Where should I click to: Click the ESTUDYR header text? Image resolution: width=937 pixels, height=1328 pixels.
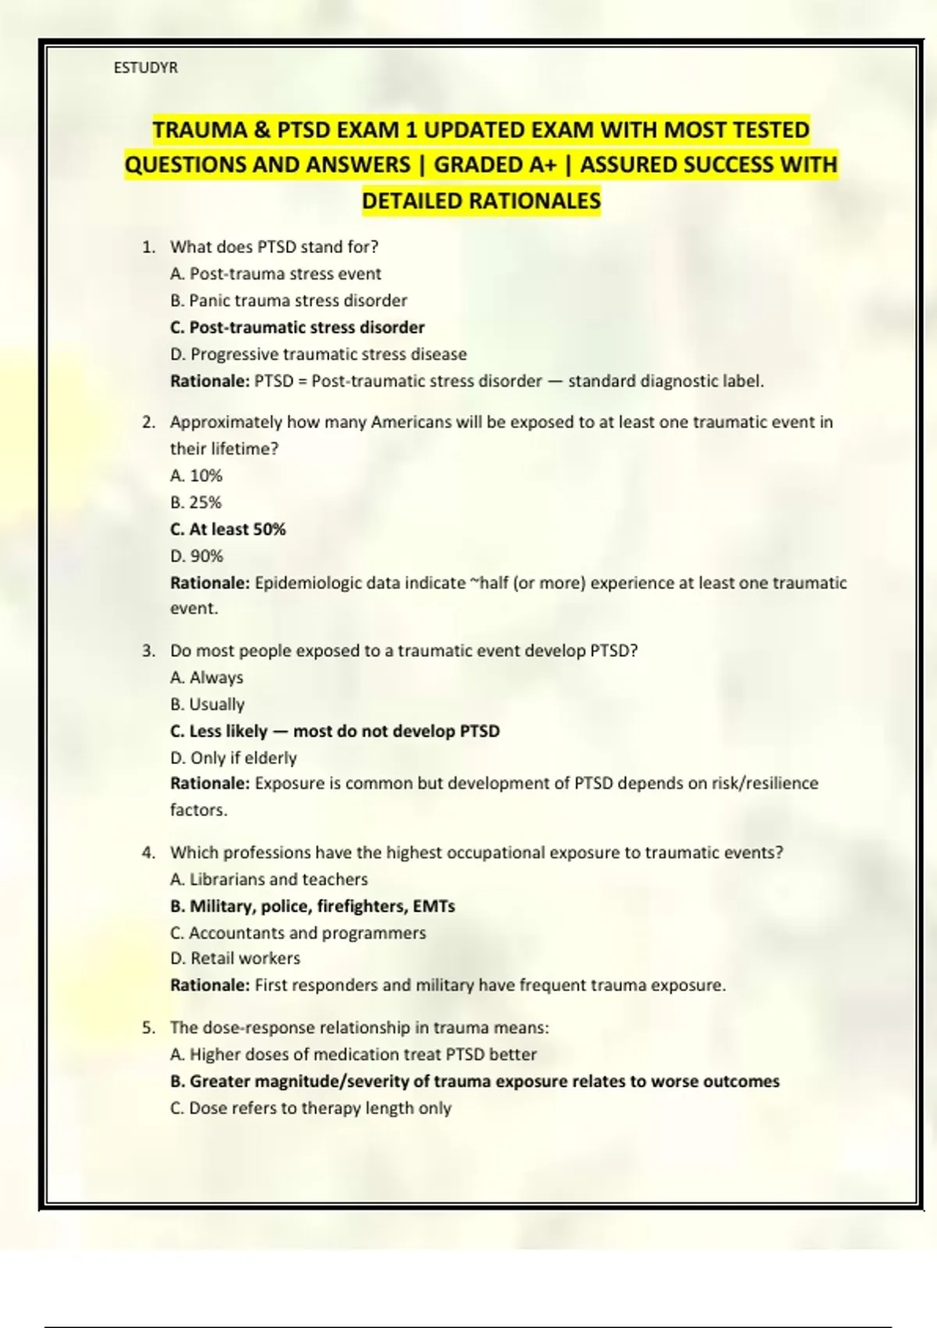[145, 68]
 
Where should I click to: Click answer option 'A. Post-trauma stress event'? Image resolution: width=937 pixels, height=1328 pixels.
[276, 274]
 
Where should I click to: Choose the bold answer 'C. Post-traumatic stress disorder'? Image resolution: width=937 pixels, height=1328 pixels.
[297, 327]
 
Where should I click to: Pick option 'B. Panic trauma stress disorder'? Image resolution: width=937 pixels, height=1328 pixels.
[289, 301]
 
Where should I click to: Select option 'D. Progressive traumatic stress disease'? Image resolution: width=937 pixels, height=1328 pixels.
[319, 355]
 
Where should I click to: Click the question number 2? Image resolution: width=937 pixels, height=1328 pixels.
[148, 423]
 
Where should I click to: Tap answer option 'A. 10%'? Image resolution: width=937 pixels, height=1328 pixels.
[196, 476]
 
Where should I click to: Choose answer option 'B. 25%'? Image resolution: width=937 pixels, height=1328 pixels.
[196, 502]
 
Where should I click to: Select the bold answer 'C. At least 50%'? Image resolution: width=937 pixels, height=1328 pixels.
[228, 530]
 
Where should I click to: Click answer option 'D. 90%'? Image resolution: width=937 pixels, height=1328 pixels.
[197, 556]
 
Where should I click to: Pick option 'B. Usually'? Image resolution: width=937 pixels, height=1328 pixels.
[207, 705]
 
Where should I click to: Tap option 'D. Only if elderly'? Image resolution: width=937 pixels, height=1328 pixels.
[233, 758]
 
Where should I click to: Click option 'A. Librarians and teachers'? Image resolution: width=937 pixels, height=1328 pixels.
[269, 880]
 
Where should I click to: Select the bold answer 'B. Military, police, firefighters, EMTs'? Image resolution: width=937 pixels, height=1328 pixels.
[312, 906]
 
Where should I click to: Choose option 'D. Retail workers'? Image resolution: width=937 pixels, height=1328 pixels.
[235, 959]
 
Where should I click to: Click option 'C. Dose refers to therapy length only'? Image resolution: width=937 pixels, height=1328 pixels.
[311, 1108]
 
